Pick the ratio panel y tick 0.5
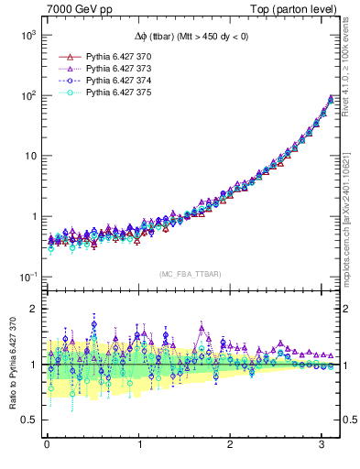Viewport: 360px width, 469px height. click(29, 420)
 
